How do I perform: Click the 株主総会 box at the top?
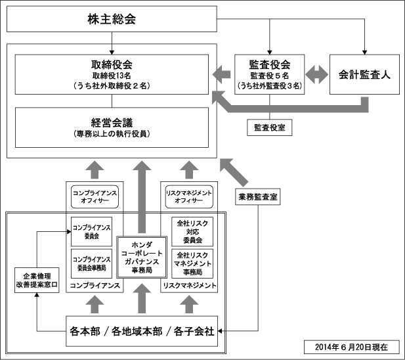click(112, 19)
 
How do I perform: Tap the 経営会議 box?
click(112, 127)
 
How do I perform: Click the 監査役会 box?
click(270, 75)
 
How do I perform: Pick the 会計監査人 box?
click(364, 74)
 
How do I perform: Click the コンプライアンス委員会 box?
click(91, 231)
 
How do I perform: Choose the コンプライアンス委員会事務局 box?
click(91, 263)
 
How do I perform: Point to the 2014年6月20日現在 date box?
click(351, 346)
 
